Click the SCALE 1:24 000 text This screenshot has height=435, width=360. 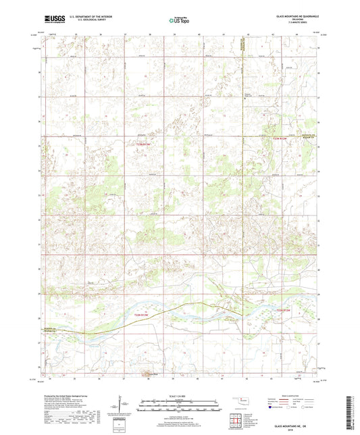(179, 396)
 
